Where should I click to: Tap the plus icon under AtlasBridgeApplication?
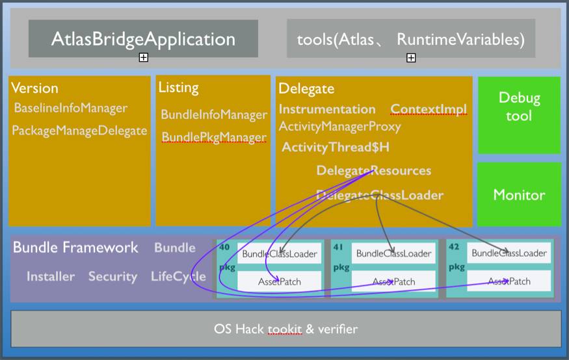144,58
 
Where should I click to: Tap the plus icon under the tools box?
411,58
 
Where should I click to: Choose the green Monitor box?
519,194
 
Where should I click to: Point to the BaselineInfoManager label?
71,108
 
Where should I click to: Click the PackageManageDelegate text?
79,131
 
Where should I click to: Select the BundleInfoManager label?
214,115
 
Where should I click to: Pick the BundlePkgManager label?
214,138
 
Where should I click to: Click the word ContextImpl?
429,109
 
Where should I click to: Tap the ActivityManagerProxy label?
339,126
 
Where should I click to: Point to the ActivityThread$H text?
335,148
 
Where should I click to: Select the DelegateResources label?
373,171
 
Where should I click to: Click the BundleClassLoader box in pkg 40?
280,253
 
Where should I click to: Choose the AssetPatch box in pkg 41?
393,281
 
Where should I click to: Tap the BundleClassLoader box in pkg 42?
509,253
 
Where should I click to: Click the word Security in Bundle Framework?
112,277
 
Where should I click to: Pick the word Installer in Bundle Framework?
51,277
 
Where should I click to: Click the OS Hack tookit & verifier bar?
285,329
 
